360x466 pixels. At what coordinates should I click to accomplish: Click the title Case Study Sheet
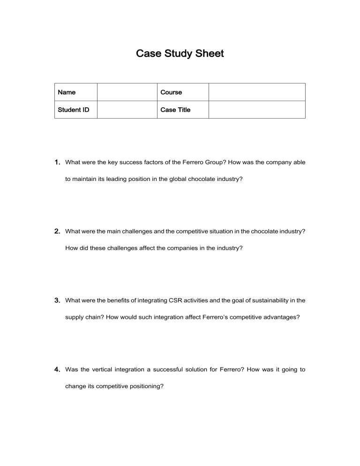pos(180,54)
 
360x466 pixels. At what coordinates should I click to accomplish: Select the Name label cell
pos(67,92)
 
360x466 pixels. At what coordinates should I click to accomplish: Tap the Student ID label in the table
pos(74,110)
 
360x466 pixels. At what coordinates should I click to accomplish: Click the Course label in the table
pos(171,92)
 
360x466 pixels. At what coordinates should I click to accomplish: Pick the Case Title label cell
pos(175,110)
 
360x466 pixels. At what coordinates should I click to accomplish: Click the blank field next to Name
pos(127,92)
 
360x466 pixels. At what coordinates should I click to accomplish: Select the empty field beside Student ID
pos(127,110)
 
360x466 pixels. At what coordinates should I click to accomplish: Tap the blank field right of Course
pos(256,92)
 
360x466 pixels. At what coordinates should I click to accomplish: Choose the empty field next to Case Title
pos(256,110)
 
